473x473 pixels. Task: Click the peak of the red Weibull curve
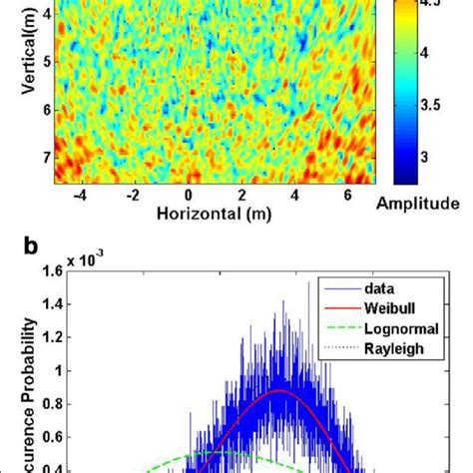(x=282, y=391)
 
